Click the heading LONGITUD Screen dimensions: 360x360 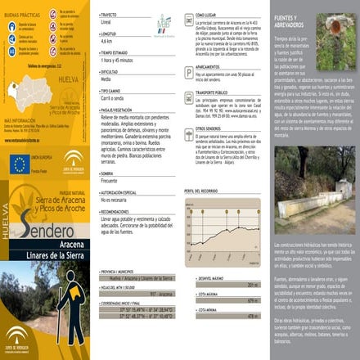pos(109,34)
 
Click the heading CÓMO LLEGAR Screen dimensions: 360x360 pos(211,15)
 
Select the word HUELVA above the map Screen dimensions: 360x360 pos(69,80)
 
